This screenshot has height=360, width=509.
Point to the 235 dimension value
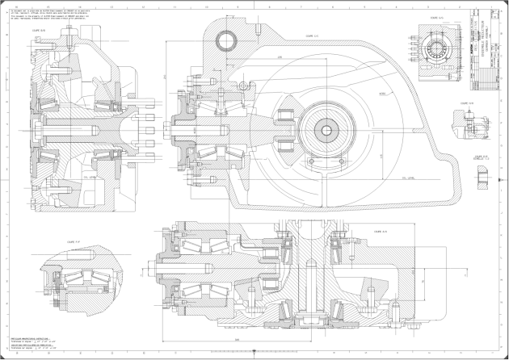(280, 58)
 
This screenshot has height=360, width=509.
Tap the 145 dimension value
(381, 154)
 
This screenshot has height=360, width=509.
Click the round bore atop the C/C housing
(229, 38)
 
